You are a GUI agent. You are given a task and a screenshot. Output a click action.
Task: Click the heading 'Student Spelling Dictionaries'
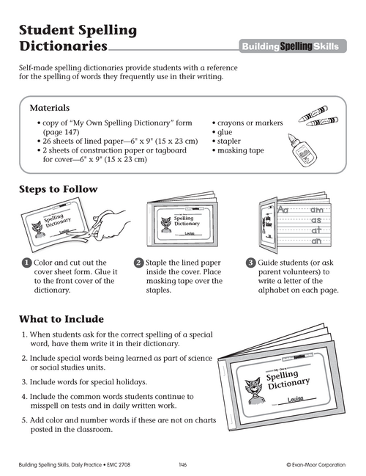(x=77, y=38)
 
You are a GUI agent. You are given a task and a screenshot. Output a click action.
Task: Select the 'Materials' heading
(x=49, y=107)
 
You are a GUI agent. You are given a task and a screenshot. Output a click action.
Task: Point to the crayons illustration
(x=316, y=117)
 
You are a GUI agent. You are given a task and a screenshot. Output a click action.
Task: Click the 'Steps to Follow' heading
(x=58, y=189)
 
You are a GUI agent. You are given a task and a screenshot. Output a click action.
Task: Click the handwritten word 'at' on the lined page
(x=317, y=230)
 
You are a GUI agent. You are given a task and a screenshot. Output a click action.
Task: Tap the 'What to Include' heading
(x=61, y=319)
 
